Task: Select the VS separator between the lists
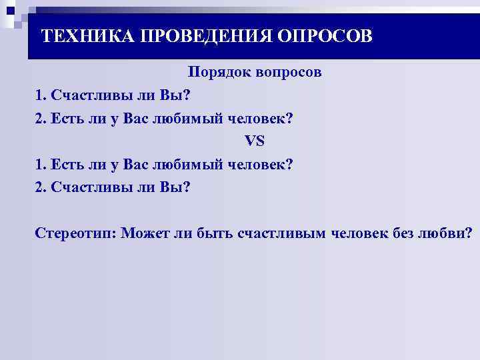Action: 255,141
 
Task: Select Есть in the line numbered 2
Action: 69,118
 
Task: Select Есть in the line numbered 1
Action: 69,164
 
